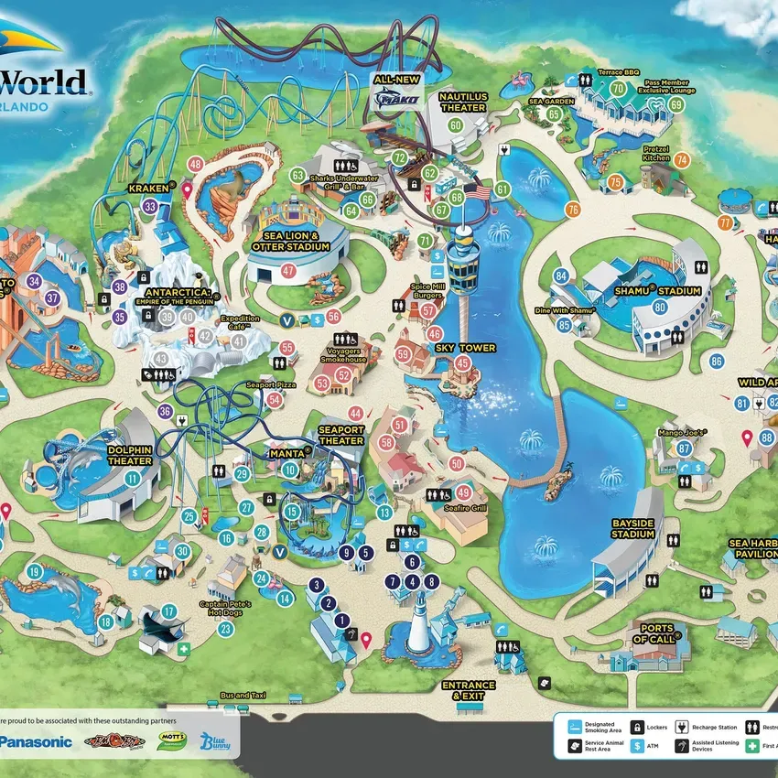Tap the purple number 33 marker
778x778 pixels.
point(150,207)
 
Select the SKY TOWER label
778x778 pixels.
point(464,348)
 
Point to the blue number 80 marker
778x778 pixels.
point(660,308)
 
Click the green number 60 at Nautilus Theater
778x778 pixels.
point(456,125)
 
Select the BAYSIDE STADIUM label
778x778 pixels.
point(634,528)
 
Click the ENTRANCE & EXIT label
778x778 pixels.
point(468,690)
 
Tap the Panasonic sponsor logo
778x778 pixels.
point(37,741)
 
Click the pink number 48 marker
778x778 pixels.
point(195,165)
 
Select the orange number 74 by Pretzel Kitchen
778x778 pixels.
point(681,159)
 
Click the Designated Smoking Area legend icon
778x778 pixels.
point(572,727)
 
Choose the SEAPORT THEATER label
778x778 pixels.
point(340,435)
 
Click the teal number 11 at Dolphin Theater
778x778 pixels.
point(134,478)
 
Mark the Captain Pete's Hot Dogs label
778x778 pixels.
point(225,610)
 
